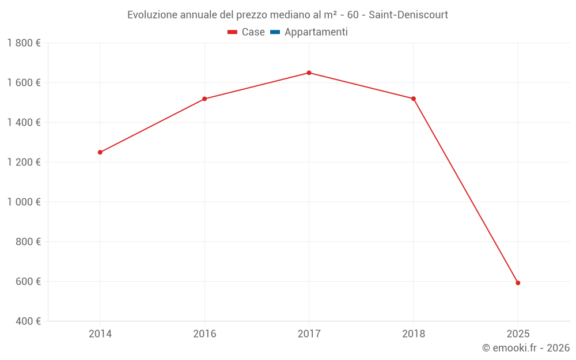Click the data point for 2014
click(x=100, y=152)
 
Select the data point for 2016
click(x=204, y=99)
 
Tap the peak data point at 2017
click(x=309, y=73)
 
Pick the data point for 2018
click(x=414, y=98)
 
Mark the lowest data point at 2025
click(x=518, y=283)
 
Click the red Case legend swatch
click(x=233, y=32)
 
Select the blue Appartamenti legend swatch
click(x=275, y=32)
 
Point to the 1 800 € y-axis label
click(x=24, y=43)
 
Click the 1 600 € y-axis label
click(x=24, y=83)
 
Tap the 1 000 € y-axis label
click(x=24, y=202)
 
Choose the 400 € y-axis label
click(x=27, y=321)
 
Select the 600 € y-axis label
click(x=27, y=282)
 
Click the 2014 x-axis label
click(x=100, y=334)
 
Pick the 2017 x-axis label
click(x=309, y=334)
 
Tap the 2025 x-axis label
click(x=518, y=334)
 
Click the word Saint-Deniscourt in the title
click(x=408, y=15)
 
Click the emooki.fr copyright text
click(x=526, y=348)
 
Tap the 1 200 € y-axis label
click(x=24, y=162)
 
